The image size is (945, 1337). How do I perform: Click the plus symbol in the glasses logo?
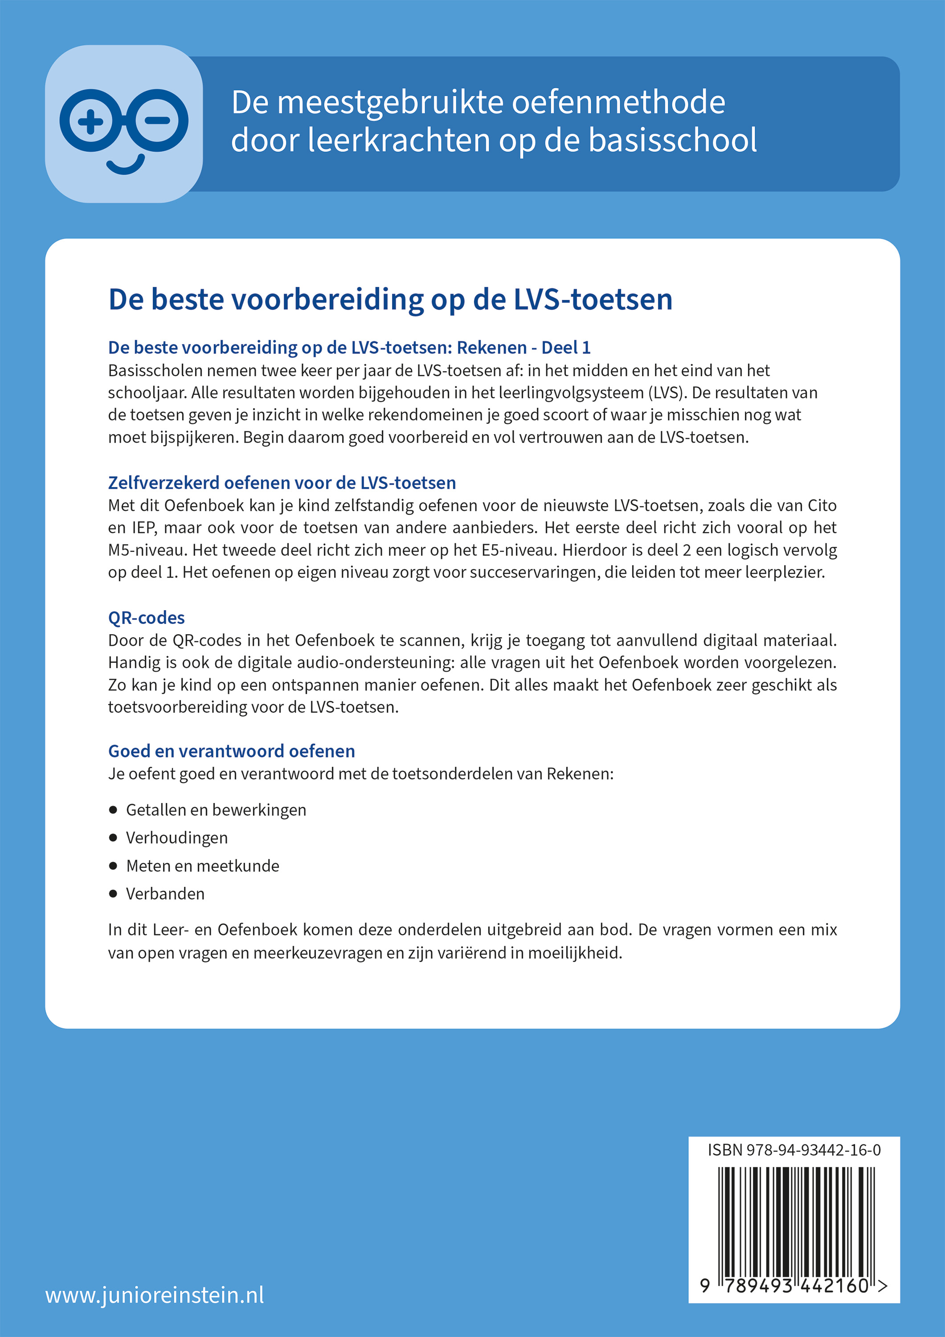[90, 121]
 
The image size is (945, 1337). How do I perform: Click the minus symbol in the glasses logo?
[158, 121]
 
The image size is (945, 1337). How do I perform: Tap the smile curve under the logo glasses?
[125, 166]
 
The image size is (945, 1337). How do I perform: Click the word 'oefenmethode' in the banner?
[618, 103]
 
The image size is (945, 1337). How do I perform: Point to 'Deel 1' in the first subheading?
[566, 348]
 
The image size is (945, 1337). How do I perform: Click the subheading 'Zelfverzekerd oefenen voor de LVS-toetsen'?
[282, 483]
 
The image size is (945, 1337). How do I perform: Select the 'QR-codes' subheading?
[146, 617]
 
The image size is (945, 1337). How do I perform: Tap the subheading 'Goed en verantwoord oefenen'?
[231, 751]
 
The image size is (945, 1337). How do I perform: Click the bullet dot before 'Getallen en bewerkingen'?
[113, 810]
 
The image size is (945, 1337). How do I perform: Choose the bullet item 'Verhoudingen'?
[176, 838]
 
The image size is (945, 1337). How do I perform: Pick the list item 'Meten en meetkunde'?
[202, 866]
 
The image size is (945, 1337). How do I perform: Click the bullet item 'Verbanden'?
[165, 894]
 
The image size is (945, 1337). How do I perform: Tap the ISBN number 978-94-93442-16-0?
[814, 1150]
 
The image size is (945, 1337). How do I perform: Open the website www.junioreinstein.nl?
[154, 1295]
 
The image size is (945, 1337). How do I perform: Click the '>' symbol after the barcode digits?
[883, 1286]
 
